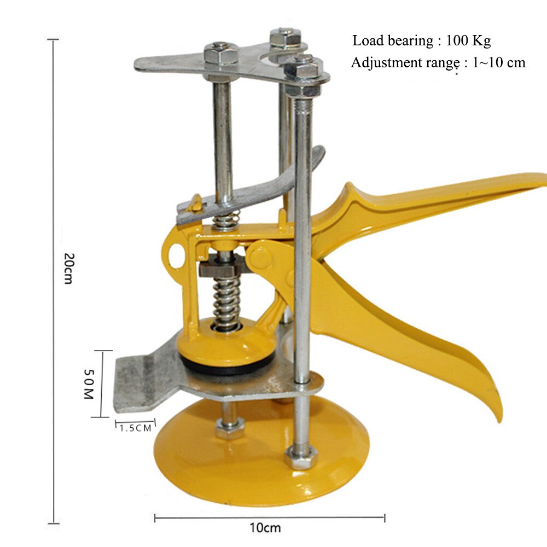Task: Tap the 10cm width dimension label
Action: [265, 528]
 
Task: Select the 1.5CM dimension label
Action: [135, 428]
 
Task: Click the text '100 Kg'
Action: [468, 40]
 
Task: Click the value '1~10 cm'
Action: [498, 62]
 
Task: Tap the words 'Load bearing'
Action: [392, 40]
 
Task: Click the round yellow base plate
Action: [263, 465]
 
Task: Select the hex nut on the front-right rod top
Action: [301, 71]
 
